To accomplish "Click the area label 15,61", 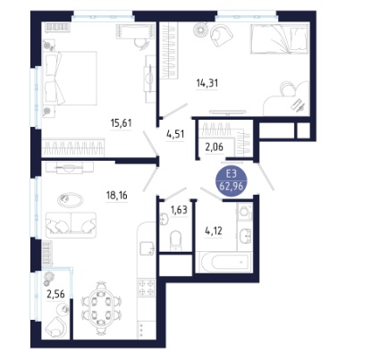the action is [121, 122].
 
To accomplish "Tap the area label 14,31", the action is [207, 83].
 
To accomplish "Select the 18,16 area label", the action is [117, 196].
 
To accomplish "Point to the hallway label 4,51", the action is [175, 134].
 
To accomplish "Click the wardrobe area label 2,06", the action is [215, 147].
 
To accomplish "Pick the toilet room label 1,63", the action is [179, 210].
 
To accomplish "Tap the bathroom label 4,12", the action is [214, 230].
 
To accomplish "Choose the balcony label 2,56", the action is [55, 294].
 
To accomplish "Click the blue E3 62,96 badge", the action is [232, 181].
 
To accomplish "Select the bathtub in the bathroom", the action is [223, 262].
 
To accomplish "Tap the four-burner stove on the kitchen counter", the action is [147, 288].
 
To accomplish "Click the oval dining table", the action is [102, 305].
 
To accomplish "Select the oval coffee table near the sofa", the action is [71, 199].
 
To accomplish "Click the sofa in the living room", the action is [71, 223].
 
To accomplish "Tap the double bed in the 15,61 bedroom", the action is [70, 78].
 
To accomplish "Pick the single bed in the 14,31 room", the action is [279, 39].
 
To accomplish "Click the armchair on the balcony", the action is [55, 327].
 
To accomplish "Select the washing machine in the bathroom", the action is [245, 212].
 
